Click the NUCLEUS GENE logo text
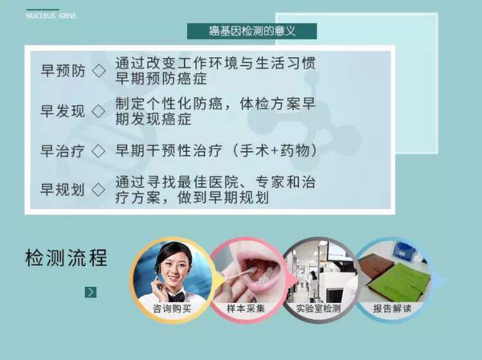[x=51, y=16]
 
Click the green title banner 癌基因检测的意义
[x=252, y=31]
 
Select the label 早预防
[x=63, y=71]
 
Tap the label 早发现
[x=63, y=111]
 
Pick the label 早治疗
[x=63, y=151]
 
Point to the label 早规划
[x=63, y=190]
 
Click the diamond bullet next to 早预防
[x=99, y=71]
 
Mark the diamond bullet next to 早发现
[x=99, y=111]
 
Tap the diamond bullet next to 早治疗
[x=99, y=151]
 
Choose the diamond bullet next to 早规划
[x=99, y=190]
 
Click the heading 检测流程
[x=66, y=257]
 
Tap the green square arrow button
[x=91, y=292]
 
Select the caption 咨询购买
[x=172, y=309]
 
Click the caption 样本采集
[x=246, y=309]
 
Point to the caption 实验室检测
[x=318, y=309]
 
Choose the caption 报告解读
[x=392, y=309]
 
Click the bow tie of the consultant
[x=176, y=297]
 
